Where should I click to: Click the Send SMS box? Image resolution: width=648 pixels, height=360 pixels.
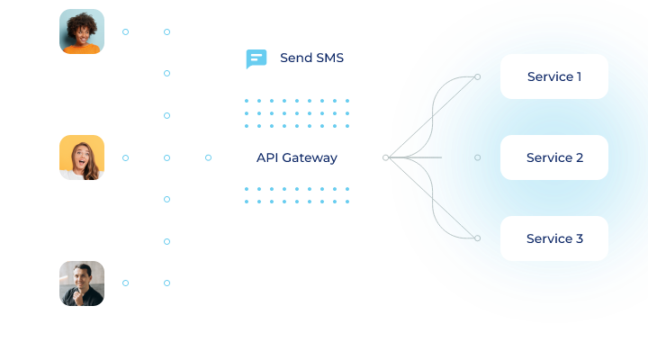pos(297,58)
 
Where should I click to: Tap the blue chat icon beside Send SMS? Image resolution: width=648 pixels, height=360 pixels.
pos(256,59)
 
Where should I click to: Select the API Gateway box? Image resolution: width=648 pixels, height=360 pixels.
pos(297,157)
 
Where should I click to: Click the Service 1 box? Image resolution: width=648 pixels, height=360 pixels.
pos(554,76)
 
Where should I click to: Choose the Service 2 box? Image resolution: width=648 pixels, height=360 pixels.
pos(554,157)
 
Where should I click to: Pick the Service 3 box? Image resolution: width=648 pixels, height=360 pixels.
pos(554,238)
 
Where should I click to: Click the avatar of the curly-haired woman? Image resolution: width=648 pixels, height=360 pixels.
pos(82,31)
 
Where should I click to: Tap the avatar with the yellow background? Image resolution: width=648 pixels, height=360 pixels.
pos(82,157)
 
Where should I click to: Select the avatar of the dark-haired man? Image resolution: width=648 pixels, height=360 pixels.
pos(82,283)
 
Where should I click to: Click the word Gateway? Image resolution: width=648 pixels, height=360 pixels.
pos(310,157)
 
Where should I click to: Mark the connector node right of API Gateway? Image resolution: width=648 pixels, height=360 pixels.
pos(386,157)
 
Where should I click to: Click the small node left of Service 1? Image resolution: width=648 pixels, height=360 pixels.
pos(478,76)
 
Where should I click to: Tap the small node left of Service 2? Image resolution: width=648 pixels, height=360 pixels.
pos(478,157)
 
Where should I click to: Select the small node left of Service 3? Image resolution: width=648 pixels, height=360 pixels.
pos(478,238)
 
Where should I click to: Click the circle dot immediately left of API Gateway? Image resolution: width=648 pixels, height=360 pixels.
pos(209,157)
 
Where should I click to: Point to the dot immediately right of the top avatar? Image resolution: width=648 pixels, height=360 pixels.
pos(125,31)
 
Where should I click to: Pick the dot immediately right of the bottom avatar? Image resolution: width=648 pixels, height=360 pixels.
pos(125,283)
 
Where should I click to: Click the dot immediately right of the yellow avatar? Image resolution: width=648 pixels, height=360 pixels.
pos(125,157)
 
